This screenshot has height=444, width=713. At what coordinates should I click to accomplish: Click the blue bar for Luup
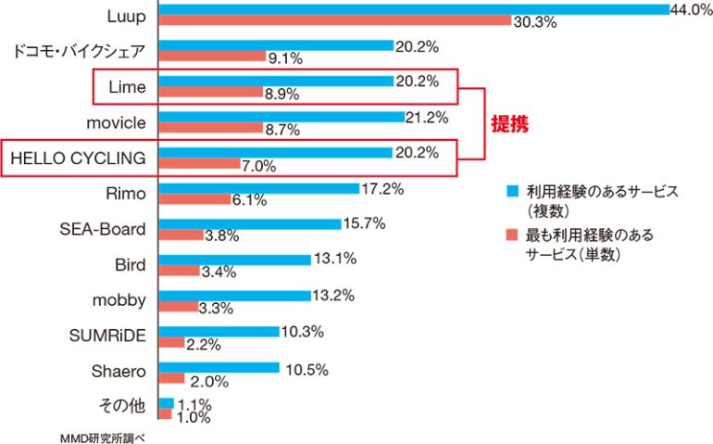[413, 8]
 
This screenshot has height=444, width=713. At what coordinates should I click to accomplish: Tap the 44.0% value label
[691, 8]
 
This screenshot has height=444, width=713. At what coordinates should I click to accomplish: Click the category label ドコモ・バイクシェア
[79, 50]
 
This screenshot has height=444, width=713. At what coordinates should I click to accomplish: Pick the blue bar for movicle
[281, 117]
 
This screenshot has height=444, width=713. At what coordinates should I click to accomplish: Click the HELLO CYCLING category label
[78, 158]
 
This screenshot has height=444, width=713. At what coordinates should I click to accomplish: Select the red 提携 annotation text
[508, 124]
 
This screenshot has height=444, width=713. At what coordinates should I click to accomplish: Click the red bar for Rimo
[194, 199]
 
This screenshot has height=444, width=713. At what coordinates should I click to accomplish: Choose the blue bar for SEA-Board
[249, 224]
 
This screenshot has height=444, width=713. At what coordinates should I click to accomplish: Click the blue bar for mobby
[235, 296]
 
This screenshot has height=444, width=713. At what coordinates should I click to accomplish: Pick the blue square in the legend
[510, 191]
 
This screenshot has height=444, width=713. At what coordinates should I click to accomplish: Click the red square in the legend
[510, 235]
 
